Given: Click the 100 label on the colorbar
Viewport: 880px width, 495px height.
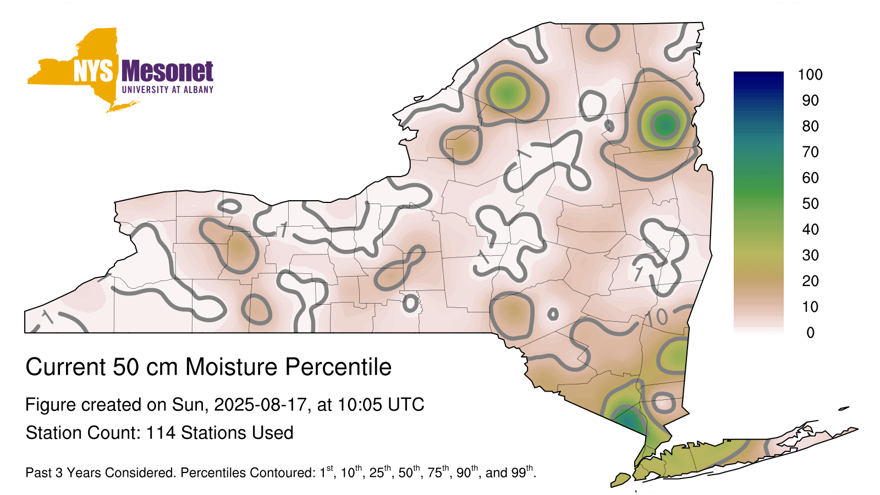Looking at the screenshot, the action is click(x=810, y=75).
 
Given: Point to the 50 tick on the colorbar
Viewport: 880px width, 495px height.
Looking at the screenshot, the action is click(x=810, y=204).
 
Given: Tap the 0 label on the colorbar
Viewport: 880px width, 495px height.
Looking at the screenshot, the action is click(x=811, y=333).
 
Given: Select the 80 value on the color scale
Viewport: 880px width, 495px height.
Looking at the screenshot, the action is click(x=810, y=126).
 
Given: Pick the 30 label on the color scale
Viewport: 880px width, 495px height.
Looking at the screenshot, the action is click(x=810, y=255).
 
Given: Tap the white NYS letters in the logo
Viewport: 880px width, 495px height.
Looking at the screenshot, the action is click(x=93, y=71).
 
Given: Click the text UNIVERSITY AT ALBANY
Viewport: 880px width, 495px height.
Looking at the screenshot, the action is click(x=168, y=90).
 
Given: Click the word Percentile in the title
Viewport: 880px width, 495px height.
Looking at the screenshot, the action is click(x=338, y=367).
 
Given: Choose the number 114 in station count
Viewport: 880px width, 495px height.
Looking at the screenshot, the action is click(x=161, y=433).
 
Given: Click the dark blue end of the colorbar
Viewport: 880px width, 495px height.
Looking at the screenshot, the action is click(x=758, y=75).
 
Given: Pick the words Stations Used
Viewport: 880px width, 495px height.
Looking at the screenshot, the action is click(x=237, y=433).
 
